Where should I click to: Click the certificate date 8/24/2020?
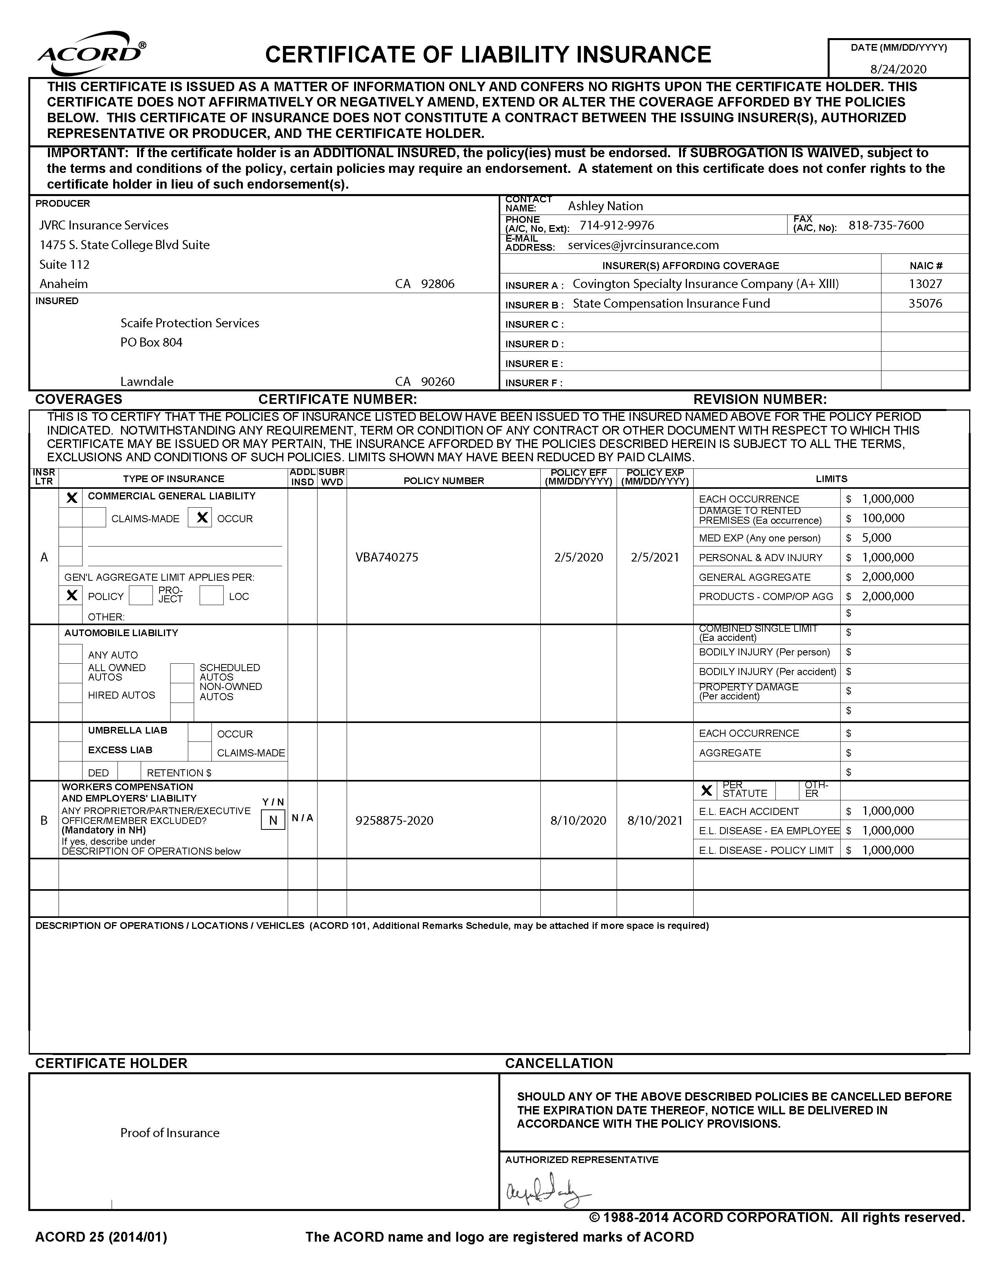(x=898, y=69)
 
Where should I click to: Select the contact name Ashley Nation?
(x=605, y=206)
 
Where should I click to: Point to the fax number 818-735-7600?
(x=886, y=225)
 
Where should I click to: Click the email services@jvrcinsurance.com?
(x=643, y=245)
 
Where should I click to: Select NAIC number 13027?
(x=925, y=284)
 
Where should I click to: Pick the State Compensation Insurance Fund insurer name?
(x=671, y=304)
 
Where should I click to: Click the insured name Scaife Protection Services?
(x=189, y=323)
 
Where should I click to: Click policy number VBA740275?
(x=386, y=557)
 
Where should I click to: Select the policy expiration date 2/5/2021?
(x=655, y=557)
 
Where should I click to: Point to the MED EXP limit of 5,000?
(x=876, y=538)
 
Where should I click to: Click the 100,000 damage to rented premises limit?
(x=883, y=518)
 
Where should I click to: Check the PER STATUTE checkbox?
(x=706, y=790)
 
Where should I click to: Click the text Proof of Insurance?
(x=170, y=1133)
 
